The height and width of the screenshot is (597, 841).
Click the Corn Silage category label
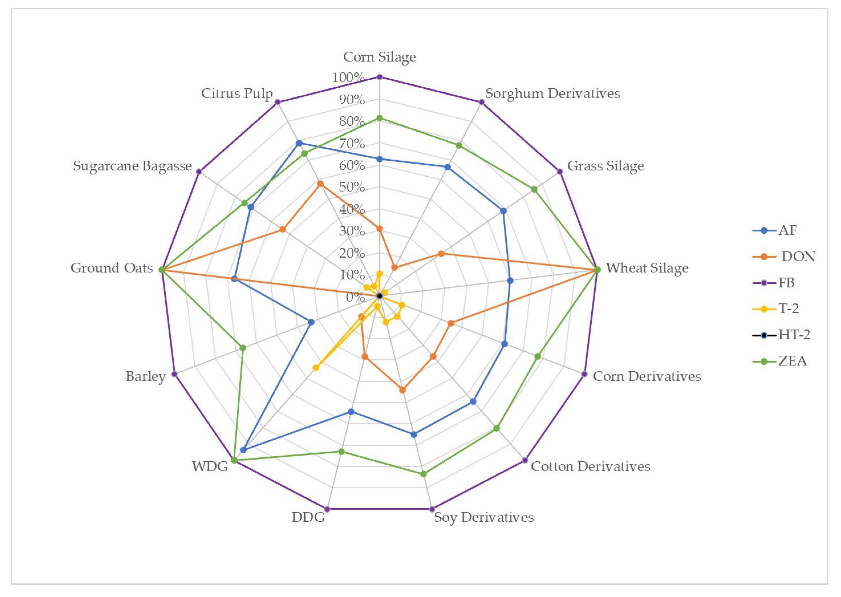point(379,57)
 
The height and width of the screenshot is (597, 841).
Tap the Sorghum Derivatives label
point(553,93)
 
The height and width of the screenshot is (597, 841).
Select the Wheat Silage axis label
point(647,268)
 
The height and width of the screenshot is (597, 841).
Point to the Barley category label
point(146,376)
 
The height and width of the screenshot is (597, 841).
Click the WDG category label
point(210,466)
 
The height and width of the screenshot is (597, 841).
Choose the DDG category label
point(308,517)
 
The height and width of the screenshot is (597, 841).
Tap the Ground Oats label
point(111,268)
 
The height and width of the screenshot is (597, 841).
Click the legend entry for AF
point(787,231)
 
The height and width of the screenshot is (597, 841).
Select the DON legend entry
point(798,256)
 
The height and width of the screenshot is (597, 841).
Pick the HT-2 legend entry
point(794,335)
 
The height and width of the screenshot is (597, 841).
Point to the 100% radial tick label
point(348,78)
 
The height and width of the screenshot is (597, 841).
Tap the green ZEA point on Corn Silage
point(380,118)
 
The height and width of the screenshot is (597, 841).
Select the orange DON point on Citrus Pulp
point(320,184)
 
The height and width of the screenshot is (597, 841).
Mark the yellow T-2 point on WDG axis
point(315,368)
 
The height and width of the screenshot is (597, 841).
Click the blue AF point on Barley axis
point(311,322)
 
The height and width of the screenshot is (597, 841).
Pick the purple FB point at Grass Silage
point(560,171)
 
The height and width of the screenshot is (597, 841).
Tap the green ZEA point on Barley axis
point(243,347)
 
